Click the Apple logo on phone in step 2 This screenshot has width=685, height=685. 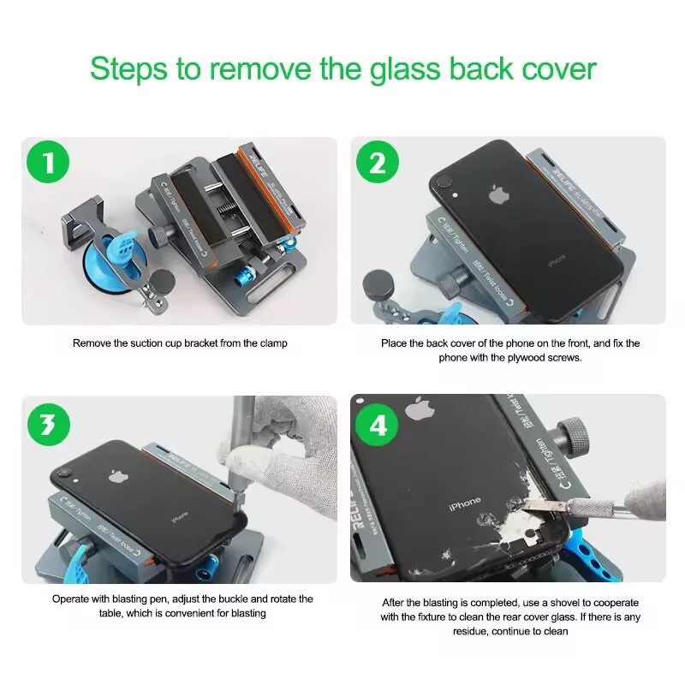click(x=497, y=194)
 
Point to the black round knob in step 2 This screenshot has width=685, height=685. click(x=378, y=283)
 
